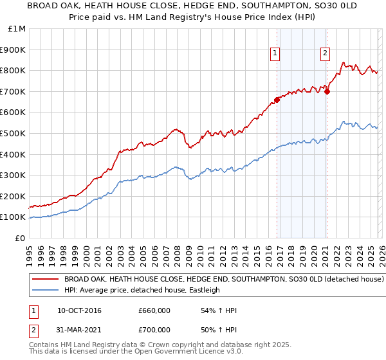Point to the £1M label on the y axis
(17, 29)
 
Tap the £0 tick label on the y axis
(20, 238)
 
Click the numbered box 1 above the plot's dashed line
(275, 53)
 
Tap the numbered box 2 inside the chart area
(325, 53)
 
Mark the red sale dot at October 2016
(277, 100)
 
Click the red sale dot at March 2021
(327, 91)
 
